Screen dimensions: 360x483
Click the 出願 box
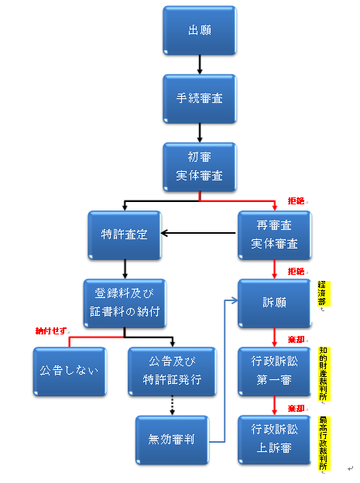(200, 30)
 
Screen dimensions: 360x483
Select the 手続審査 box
(200, 98)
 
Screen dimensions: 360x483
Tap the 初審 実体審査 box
(200, 167)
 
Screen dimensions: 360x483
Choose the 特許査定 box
(125, 235)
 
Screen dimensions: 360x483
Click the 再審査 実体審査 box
(274, 235)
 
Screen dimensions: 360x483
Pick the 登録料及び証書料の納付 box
(125, 303)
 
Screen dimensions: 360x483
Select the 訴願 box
(274, 303)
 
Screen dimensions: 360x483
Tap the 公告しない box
(70, 372)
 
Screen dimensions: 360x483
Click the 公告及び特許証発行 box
(172, 372)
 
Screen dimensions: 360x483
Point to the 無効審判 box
(172, 440)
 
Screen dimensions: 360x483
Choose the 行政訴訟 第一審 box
(274, 372)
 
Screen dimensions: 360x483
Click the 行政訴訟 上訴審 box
(274, 440)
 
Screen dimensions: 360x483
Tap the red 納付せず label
(51, 331)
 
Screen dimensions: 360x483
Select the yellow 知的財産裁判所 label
(323, 374)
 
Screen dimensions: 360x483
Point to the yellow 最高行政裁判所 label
(323, 444)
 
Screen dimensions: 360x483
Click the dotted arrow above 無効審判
(172, 406)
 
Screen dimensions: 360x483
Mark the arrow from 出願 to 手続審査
(200, 65)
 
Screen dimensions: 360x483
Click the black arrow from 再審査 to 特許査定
(198, 233)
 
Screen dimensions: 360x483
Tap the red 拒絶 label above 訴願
(296, 272)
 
